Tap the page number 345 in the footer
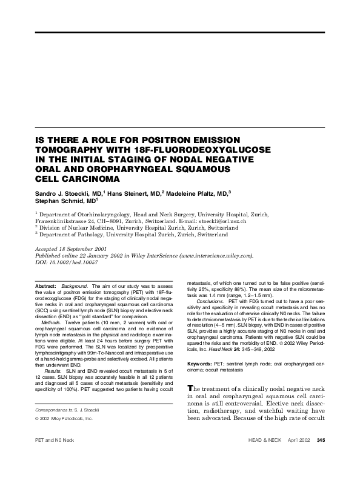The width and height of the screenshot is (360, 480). (321, 456)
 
